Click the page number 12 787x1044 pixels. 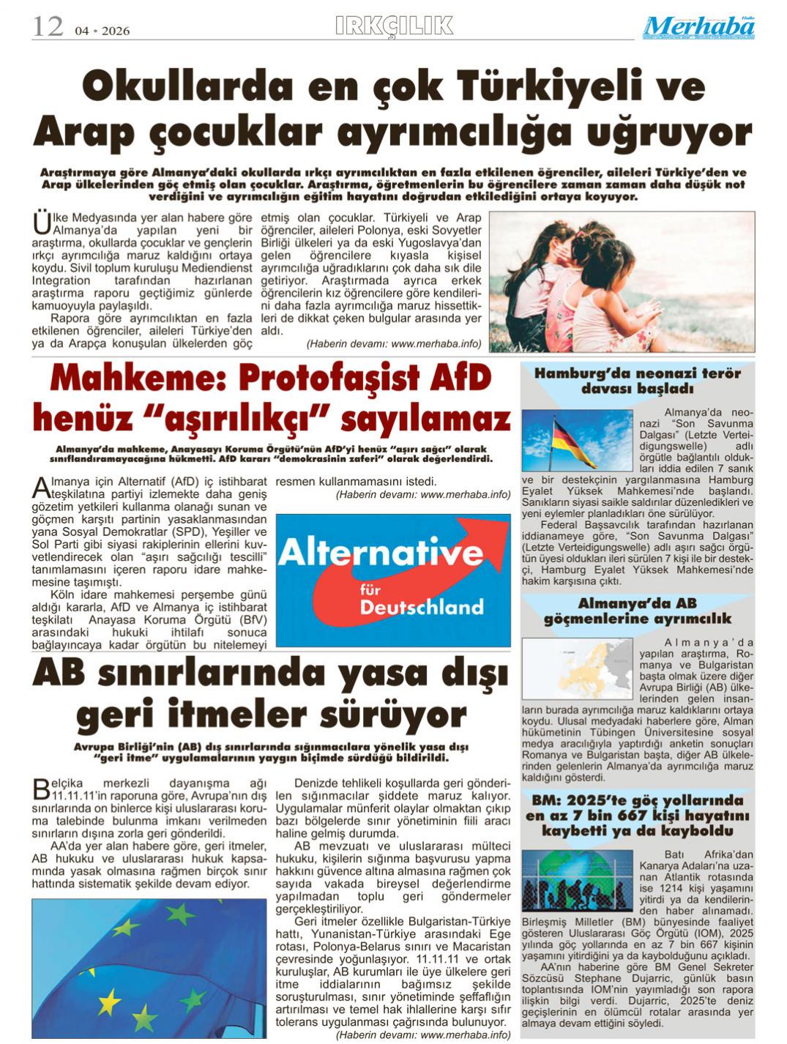[x=47, y=27]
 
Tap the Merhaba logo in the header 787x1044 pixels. [x=699, y=27]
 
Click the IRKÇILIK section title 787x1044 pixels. [x=394, y=26]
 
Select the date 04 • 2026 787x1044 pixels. [x=102, y=31]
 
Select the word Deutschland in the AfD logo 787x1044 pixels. [x=422, y=607]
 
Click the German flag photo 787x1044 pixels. [x=577, y=441]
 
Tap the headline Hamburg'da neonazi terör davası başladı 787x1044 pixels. [x=637, y=381]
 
